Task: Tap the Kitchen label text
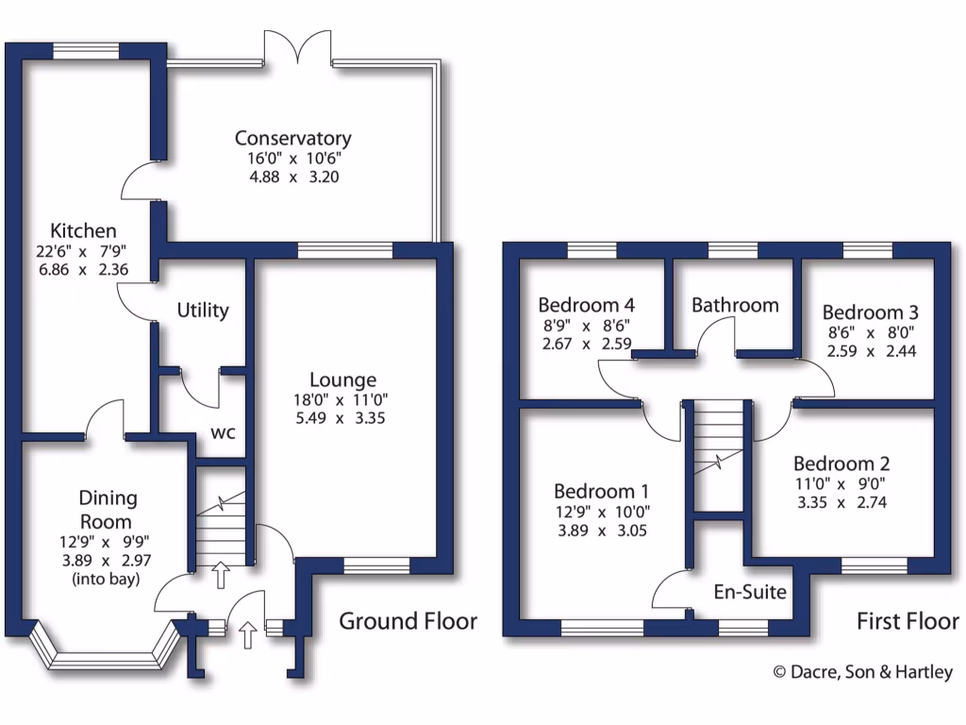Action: (x=83, y=230)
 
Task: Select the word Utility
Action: (x=203, y=310)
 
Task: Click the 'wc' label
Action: (x=223, y=433)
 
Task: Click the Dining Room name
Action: (x=107, y=510)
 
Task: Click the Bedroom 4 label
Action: (x=586, y=305)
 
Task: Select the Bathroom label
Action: (x=735, y=305)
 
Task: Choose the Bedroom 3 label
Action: (x=870, y=312)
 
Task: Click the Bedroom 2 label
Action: (x=841, y=464)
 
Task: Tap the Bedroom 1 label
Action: (x=601, y=491)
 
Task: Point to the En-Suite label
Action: (x=750, y=593)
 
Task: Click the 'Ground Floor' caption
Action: (x=408, y=621)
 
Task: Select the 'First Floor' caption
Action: (x=908, y=621)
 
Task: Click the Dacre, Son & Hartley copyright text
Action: (x=862, y=672)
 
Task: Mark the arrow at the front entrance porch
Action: (x=249, y=634)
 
